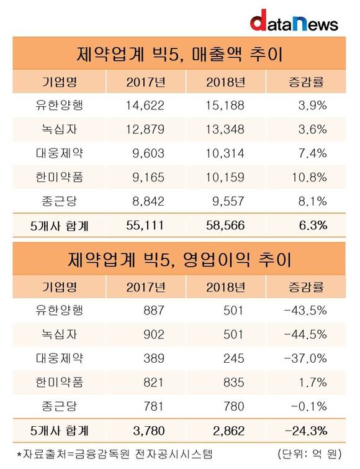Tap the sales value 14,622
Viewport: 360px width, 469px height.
(x=145, y=106)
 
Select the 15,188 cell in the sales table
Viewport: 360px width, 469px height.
(x=225, y=106)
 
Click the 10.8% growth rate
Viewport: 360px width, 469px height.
(x=309, y=178)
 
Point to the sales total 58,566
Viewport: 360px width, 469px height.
(x=225, y=225)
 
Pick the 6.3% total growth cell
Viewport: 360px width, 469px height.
(x=313, y=225)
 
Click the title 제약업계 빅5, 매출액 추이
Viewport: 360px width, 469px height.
(x=179, y=54)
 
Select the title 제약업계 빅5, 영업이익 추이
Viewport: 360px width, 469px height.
(x=179, y=259)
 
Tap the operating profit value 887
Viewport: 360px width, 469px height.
(x=154, y=311)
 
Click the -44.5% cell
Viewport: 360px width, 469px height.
(x=305, y=334)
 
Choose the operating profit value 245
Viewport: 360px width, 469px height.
(x=234, y=358)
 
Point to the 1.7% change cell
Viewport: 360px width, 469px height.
(x=313, y=382)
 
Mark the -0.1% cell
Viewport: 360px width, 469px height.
(x=309, y=406)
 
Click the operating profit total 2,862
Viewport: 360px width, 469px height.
(x=229, y=430)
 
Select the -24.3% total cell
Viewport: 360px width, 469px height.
(x=306, y=430)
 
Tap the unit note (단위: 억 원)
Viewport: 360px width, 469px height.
(x=310, y=454)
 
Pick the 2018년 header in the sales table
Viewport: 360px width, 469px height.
(x=225, y=81)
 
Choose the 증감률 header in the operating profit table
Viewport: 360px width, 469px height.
(x=306, y=287)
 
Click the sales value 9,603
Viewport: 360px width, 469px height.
(x=148, y=153)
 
